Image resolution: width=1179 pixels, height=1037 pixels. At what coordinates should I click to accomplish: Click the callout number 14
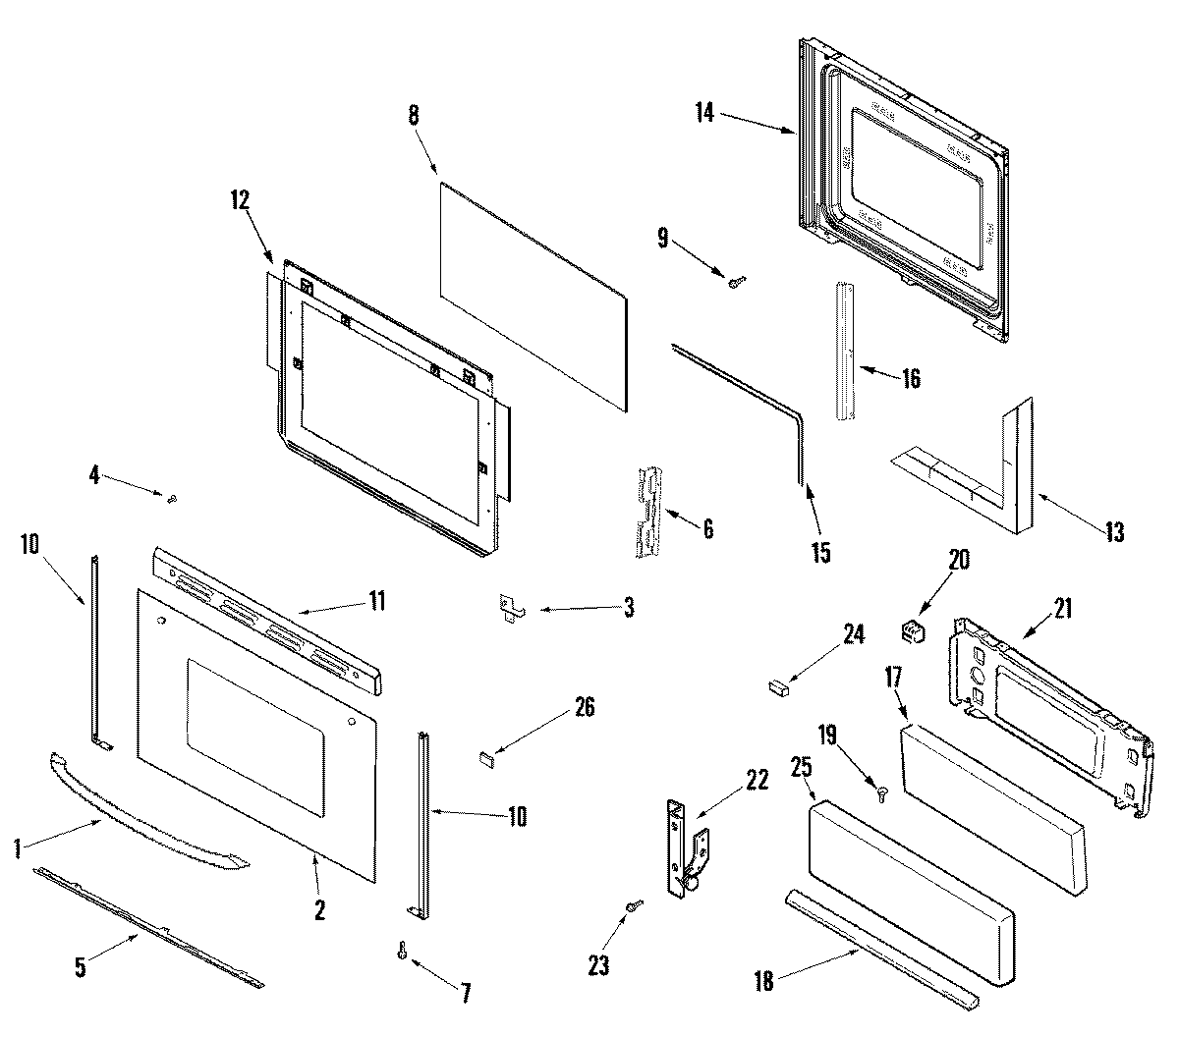[703, 113]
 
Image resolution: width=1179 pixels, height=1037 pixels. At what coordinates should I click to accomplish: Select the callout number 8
[414, 114]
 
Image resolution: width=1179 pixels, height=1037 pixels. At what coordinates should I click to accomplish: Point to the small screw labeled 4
[172, 500]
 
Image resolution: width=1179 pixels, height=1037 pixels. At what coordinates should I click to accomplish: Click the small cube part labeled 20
[914, 631]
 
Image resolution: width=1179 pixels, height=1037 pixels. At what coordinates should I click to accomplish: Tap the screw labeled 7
[403, 951]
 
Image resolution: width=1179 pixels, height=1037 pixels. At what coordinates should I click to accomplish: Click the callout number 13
[1113, 532]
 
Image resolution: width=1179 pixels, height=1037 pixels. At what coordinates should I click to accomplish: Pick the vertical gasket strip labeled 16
[844, 352]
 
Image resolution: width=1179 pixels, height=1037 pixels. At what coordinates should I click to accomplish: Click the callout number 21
[1062, 609]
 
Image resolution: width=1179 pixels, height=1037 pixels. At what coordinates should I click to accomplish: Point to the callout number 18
[763, 981]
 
